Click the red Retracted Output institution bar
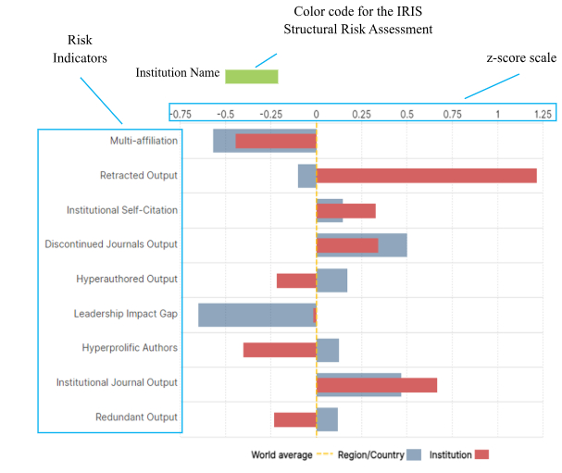tap(427, 176)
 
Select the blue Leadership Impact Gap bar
tap(256, 314)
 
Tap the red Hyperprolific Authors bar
tap(280, 350)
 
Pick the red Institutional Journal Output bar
tap(377, 385)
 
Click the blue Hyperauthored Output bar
tap(331, 280)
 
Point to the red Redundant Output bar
tap(294, 419)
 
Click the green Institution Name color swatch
tap(252, 76)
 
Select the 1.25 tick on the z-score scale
tap(543, 114)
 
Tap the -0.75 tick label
tap(181, 114)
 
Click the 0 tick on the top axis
tap(316, 114)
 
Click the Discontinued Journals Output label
tap(111, 244)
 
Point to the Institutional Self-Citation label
tap(121, 210)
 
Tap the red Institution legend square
tap(481, 454)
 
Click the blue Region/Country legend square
tap(415, 454)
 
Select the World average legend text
tap(281, 454)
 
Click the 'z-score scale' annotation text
tap(520, 57)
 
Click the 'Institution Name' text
tap(178, 72)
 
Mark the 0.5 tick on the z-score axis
tap(406, 114)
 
